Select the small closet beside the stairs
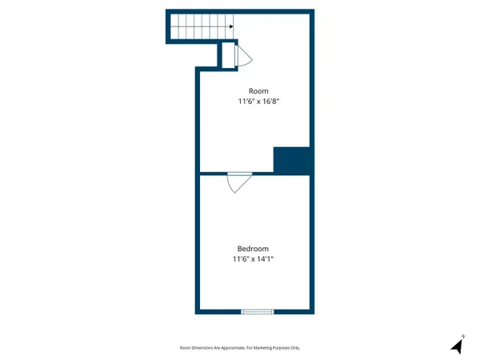(227, 54)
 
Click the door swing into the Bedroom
(238, 182)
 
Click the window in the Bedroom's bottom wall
(257, 311)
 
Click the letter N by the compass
(463, 335)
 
